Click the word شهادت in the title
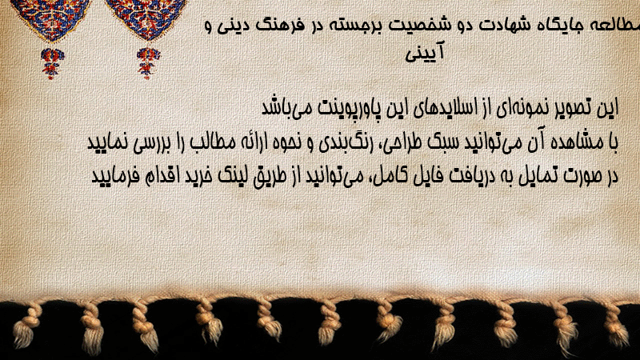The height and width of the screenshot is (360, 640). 502,25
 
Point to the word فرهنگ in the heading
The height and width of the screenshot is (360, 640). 280,26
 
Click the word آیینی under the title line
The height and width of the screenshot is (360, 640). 425,53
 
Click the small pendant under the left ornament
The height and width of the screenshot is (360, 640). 52,63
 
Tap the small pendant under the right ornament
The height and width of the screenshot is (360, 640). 148,63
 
